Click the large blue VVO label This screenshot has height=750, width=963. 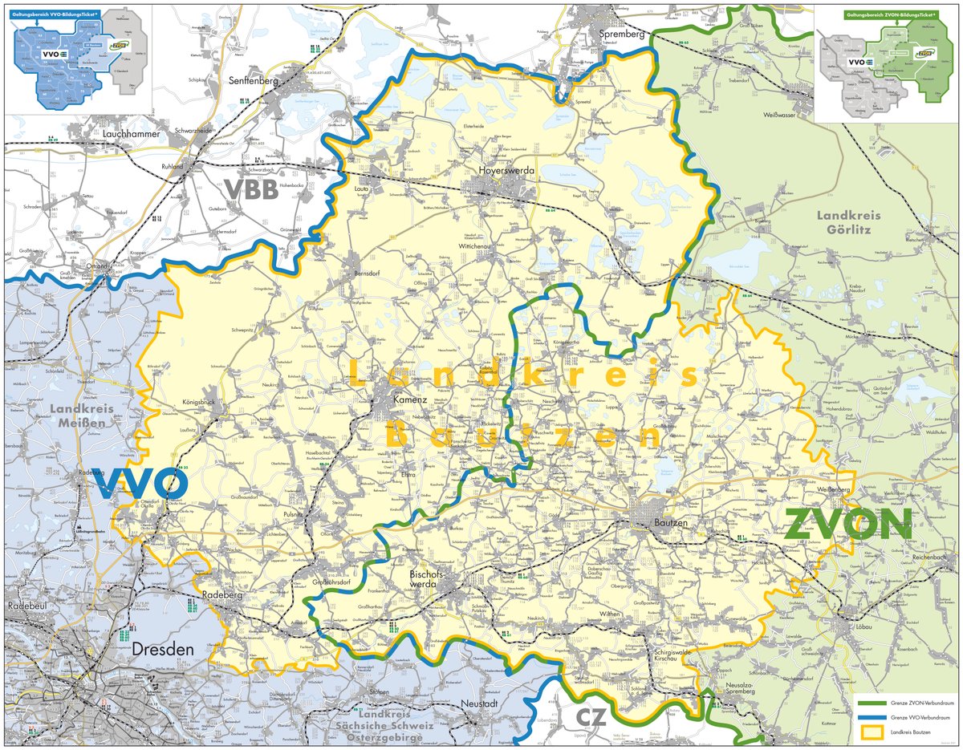pos(140,484)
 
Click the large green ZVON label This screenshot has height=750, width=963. pos(848,525)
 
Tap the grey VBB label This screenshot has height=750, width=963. pos(250,189)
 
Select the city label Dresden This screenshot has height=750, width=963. pos(164,648)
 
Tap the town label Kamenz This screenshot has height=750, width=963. pos(408,399)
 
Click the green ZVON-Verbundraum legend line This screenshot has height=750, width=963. pos(871,702)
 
